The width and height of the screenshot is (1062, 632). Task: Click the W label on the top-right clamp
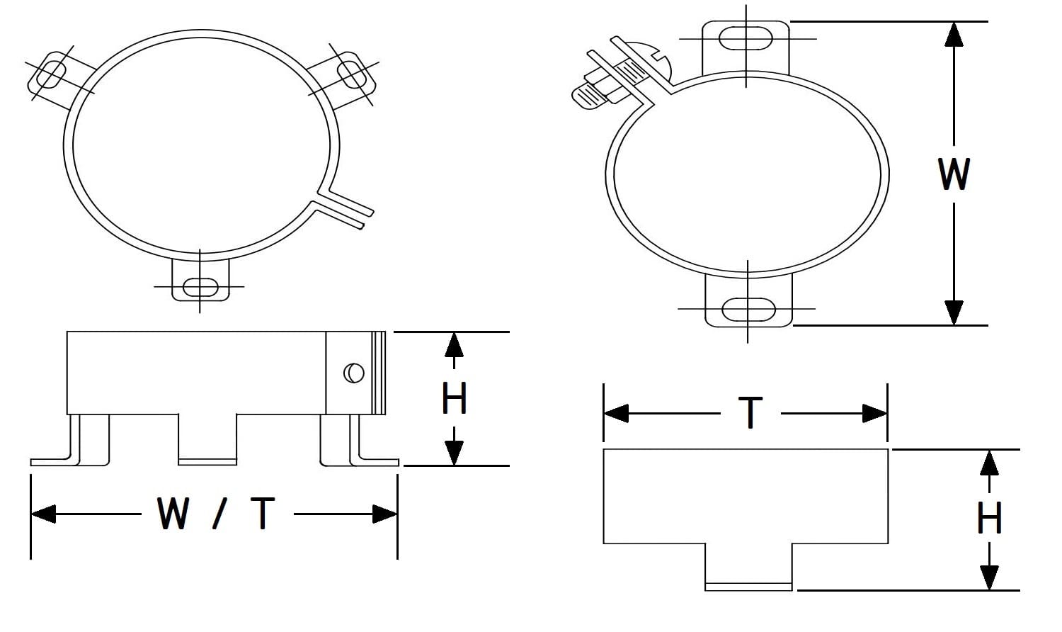pos(954,174)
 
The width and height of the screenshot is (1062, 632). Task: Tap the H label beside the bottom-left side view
pos(454,398)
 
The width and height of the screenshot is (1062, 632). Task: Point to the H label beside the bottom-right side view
pos(989,518)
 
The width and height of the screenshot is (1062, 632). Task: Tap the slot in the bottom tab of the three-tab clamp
pos(200,287)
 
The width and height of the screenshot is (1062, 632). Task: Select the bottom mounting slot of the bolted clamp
pos(748,309)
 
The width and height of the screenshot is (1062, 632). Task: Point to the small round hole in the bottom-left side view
pos(353,373)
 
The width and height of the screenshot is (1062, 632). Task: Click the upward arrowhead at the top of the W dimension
pos(954,33)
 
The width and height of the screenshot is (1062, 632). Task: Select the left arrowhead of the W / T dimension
pos(42,514)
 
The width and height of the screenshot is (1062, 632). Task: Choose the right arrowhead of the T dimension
pos(875,413)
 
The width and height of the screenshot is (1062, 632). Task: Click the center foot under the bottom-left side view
pos(207,439)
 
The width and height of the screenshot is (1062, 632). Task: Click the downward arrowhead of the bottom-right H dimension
pos(989,577)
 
